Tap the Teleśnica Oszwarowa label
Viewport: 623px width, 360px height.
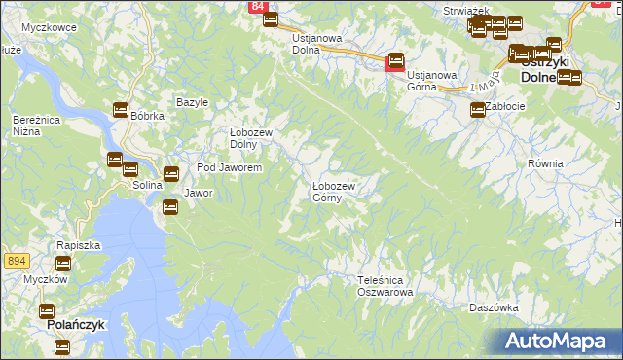(385, 285)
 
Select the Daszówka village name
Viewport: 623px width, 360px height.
(493, 306)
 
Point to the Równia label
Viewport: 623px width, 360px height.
(545, 163)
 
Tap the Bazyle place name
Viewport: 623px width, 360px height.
(192, 102)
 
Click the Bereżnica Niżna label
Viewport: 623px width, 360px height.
(31, 125)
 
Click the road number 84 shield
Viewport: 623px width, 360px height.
(257, 7)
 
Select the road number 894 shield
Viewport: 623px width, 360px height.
(15, 261)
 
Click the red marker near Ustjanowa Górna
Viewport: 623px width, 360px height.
(394, 63)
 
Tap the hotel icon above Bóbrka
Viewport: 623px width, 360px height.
(122, 110)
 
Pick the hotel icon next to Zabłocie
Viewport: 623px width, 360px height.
(477, 111)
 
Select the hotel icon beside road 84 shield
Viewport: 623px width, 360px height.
(271, 19)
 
